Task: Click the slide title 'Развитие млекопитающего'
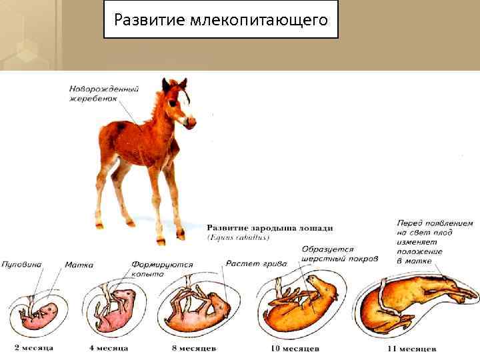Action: point(221,19)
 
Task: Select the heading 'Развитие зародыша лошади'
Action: point(270,227)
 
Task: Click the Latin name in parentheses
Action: point(237,237)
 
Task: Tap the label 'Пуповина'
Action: point(21,265)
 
